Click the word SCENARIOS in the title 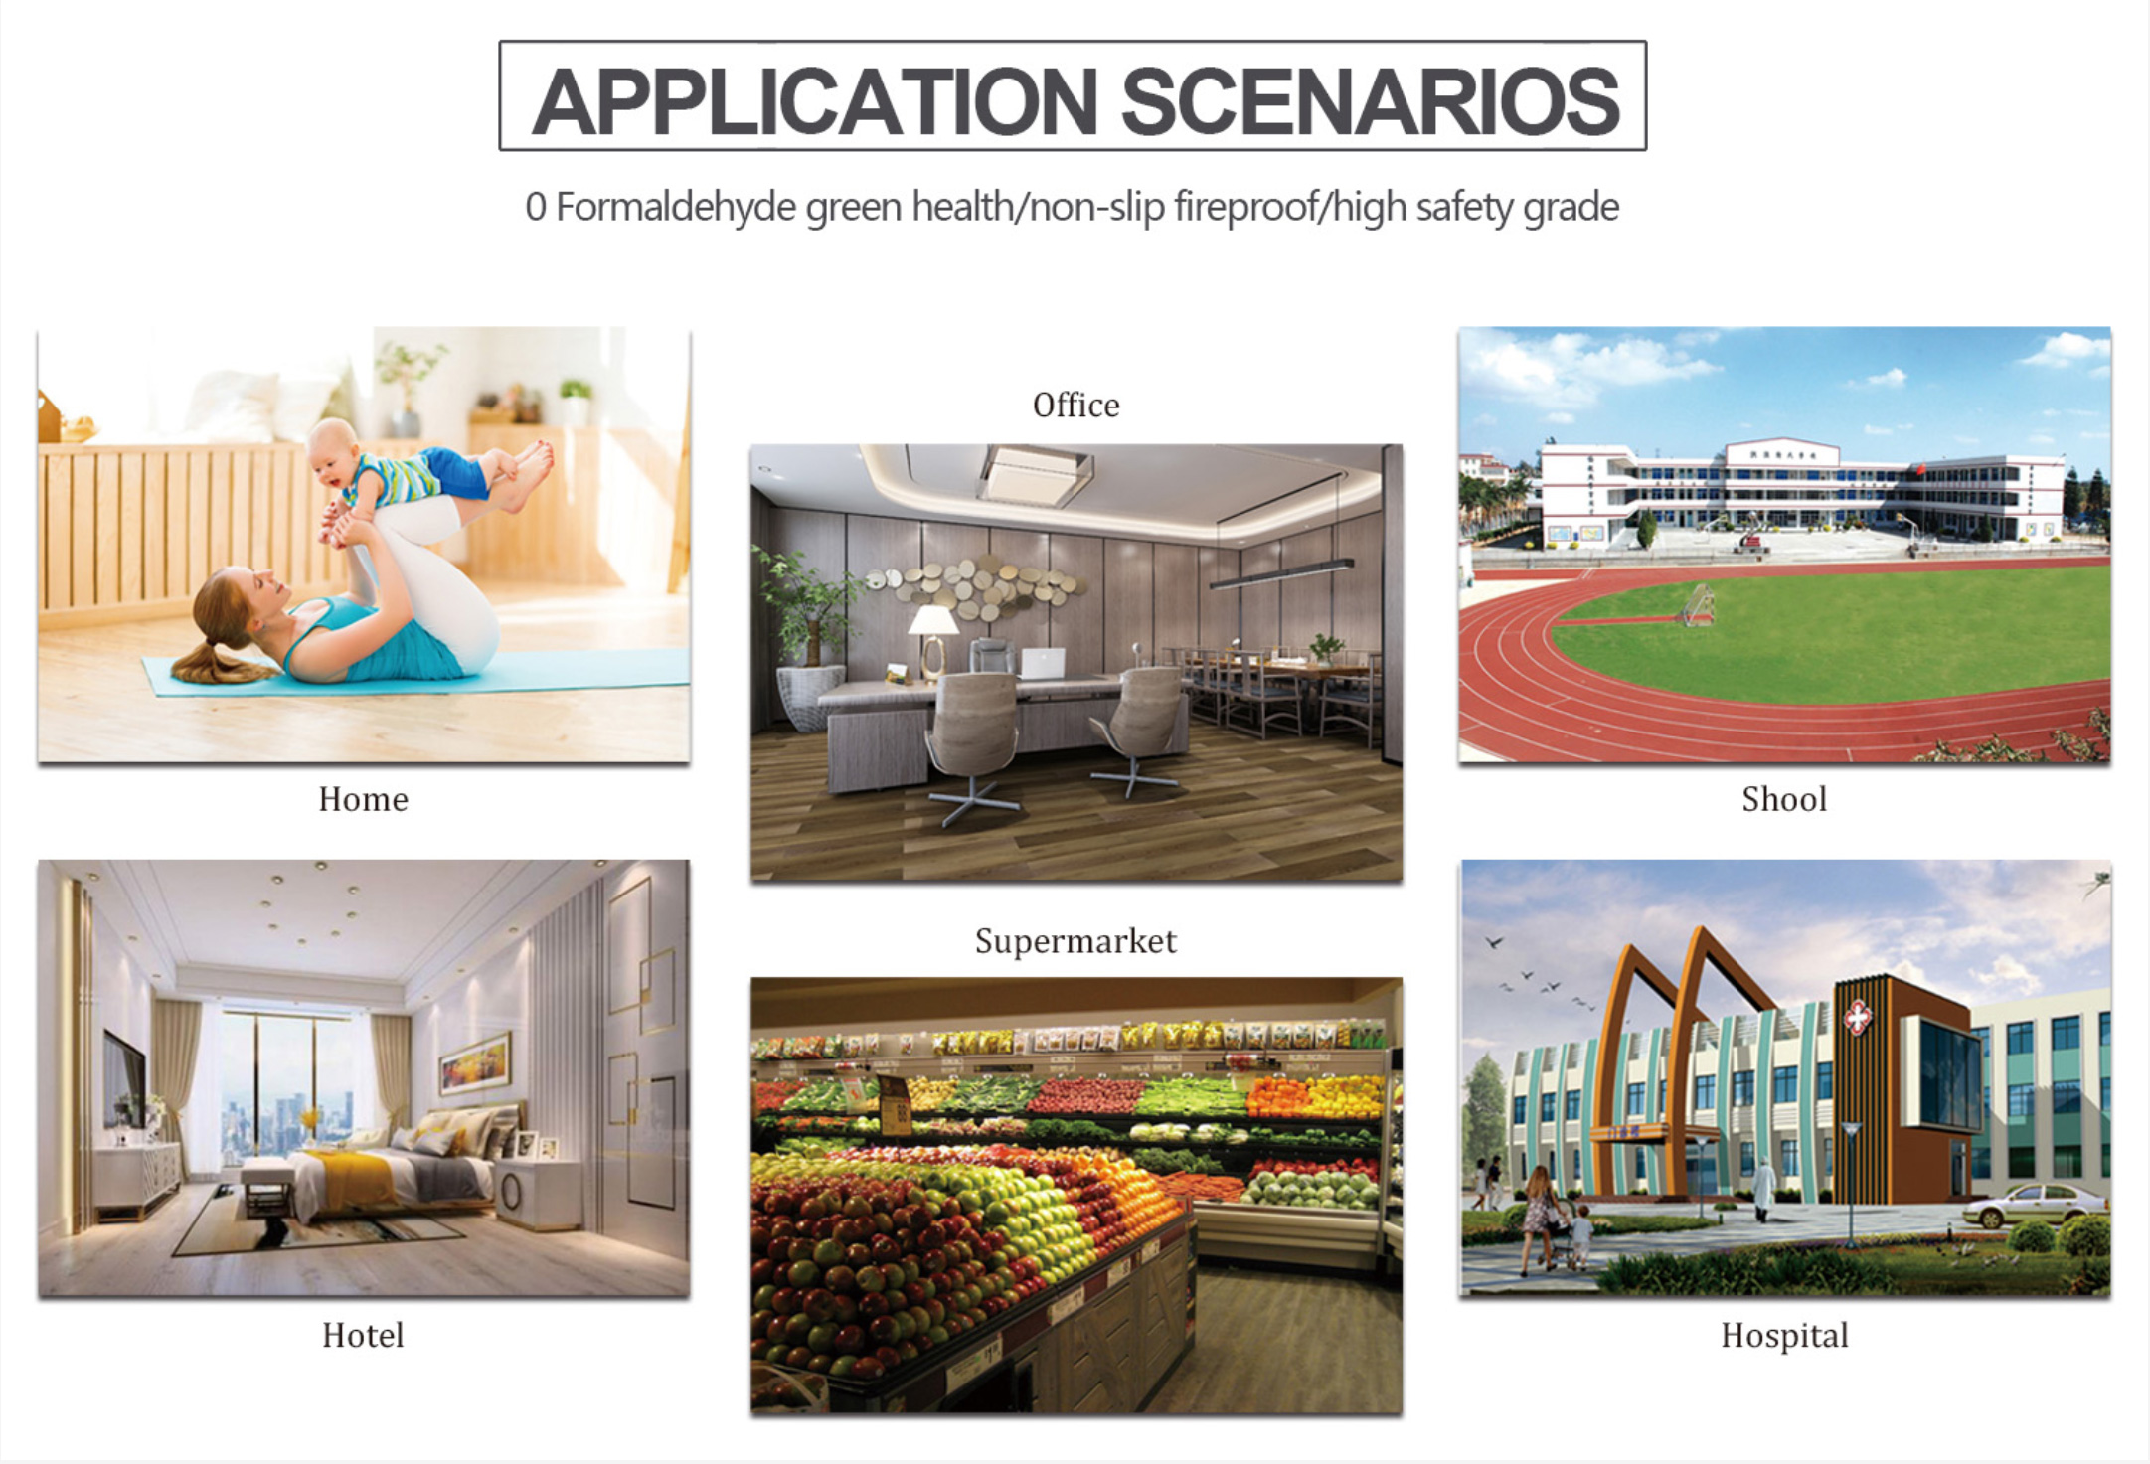tap(1372, 101)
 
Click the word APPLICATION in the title tap(815, 101)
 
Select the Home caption tap(363, 799)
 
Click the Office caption tap(1075, 406)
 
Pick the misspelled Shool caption tap(1784, 799)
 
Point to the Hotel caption tap(363, 1335)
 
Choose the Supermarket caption tap(1075, 941)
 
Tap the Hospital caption tap(1784, 1335)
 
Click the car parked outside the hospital tap(2034, 1206)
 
